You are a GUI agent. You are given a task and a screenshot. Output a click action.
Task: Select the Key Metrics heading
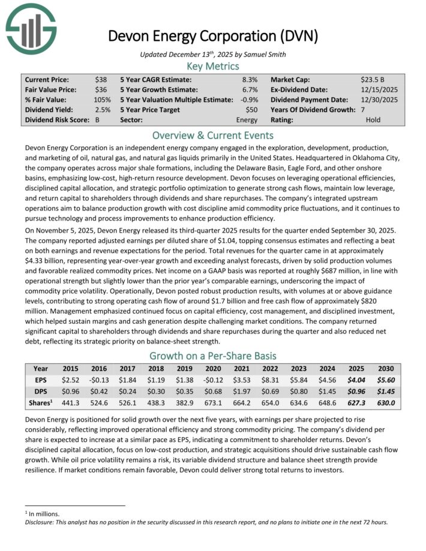(x=213, y=67)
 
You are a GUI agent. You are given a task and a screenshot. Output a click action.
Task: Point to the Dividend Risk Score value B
(x=98, y=120)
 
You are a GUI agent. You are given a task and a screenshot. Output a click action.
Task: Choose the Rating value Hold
(x=373, y=120)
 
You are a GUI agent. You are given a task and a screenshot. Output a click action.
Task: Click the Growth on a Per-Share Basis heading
(x=213, y=355)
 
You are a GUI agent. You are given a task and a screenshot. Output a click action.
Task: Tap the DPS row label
(x=41, y=392)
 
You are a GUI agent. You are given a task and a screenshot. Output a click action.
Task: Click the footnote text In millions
(x=43, y=514)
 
